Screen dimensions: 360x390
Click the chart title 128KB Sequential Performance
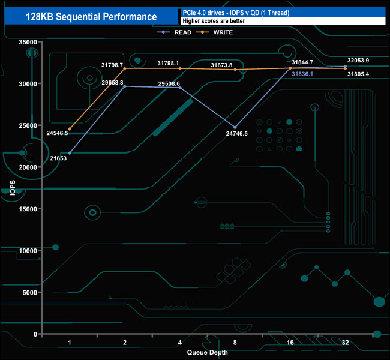[91, 17]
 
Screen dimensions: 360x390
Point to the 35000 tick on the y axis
[28, 42]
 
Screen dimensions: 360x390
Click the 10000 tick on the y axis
[28, 251]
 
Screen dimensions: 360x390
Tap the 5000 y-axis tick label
[29, 292]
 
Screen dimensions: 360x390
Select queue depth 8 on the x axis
[235, 342]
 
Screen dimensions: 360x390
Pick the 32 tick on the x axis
[345, 342]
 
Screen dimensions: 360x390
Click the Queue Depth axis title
[207, 352]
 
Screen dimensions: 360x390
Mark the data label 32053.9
[358, 61]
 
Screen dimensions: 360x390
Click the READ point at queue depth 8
[235, 127]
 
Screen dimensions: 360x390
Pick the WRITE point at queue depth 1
[70, 129]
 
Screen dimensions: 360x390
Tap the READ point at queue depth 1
[70, 153]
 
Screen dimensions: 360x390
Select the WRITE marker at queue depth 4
[180, 68]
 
